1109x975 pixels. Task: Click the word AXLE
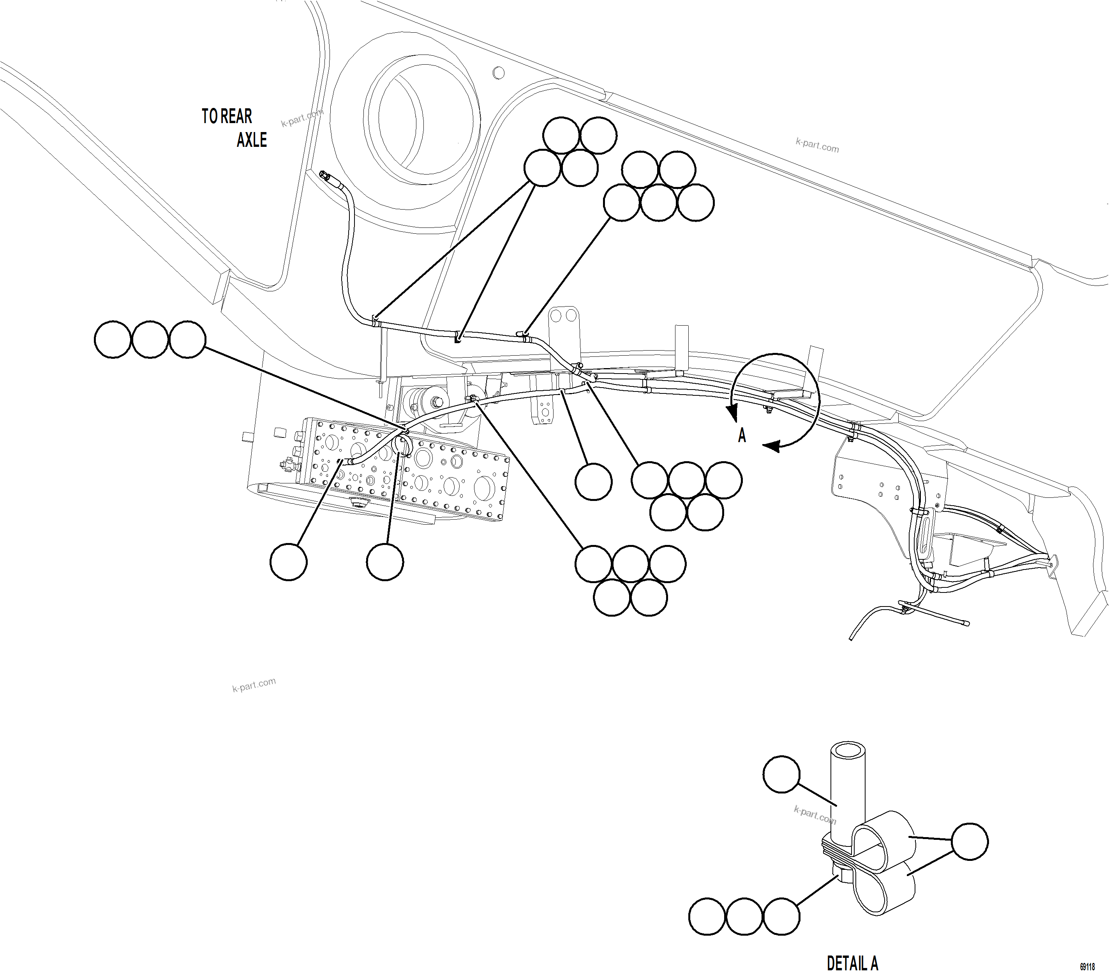tap(252, 140)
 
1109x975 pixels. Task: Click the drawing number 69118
tap(1087, 967)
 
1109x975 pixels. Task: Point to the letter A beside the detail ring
tap(742, 435)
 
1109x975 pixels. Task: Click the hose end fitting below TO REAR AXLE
tap(326, 176)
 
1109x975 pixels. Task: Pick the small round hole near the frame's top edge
tap(499, 73)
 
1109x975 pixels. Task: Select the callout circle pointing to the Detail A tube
tap(781, 774)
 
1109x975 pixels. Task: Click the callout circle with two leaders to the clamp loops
tap(970, 841)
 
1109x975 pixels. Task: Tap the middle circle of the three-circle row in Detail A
tap(744, 917)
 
